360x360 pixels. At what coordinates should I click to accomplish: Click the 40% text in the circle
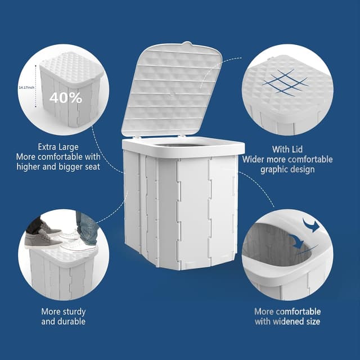pos(66,97)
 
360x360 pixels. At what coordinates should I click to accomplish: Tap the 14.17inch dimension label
pos(26,88)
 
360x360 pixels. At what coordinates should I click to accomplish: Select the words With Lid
pos(287,150)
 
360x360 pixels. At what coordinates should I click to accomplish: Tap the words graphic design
pos(287,169)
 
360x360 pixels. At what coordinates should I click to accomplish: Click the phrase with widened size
pos(287,321)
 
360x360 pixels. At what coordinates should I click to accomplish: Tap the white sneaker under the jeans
pos(77,245)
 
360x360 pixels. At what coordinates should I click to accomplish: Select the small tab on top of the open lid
pos(187,43)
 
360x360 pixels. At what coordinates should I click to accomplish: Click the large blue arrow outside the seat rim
pos(311,226)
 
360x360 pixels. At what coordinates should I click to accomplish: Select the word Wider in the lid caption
pos(254,159)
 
